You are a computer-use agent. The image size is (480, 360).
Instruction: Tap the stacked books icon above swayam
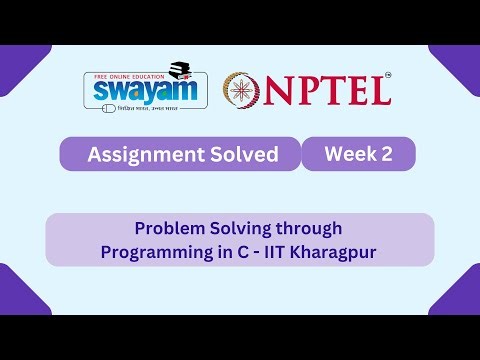click(180, 70)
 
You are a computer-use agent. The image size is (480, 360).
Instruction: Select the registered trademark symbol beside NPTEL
click(388, 75)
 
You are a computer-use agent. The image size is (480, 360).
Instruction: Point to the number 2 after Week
click(387, 154)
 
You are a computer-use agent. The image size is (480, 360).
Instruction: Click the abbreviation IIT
click(287, 251)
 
